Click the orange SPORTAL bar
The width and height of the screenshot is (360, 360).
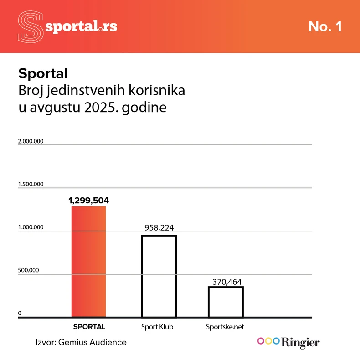(x=89, y=262)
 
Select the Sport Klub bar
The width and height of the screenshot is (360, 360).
(x=159, y=276)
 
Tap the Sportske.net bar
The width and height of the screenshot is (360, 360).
(x=226, y=302)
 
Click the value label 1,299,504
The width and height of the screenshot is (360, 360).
(x=89, y=200)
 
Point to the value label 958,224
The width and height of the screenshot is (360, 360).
(x=159, y=228)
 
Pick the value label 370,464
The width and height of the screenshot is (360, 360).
(x=226, y=282)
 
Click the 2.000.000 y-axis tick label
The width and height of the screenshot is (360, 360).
(x=31, y=141)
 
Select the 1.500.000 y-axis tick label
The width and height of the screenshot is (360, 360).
(x=31, y=184)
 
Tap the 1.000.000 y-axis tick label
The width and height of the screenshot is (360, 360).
(x=31, y=227)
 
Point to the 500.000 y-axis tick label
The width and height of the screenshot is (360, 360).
(x=28, y=270)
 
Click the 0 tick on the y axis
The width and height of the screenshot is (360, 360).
(x=20, y=313)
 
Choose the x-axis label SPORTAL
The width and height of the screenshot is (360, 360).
(x=89, y=327)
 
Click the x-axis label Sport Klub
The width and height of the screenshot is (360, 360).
(x=158, y=327)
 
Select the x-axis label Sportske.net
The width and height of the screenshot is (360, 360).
(x=225, y=327)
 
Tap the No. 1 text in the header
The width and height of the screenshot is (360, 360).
(x=325, y=26)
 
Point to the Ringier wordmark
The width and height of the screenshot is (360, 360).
(x=301, y=342)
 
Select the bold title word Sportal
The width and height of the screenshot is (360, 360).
(x=43, y=73)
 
